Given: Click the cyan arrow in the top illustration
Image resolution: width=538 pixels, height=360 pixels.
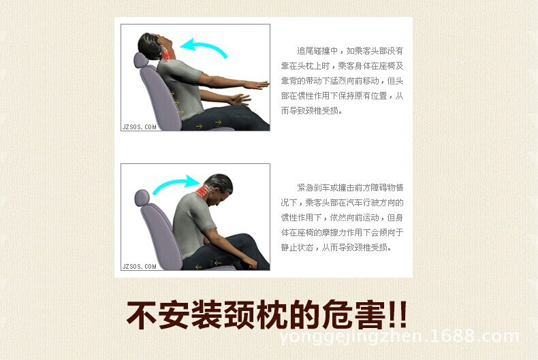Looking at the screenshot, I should (x=207, y=47).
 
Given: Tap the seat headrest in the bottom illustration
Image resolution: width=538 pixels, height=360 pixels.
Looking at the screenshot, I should (x=142, y=199).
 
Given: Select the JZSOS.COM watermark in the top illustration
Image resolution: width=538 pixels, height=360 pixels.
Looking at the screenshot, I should (x=140, y=126).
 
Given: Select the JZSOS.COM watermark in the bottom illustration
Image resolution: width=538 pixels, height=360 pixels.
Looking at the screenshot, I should (x=140, y=265).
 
